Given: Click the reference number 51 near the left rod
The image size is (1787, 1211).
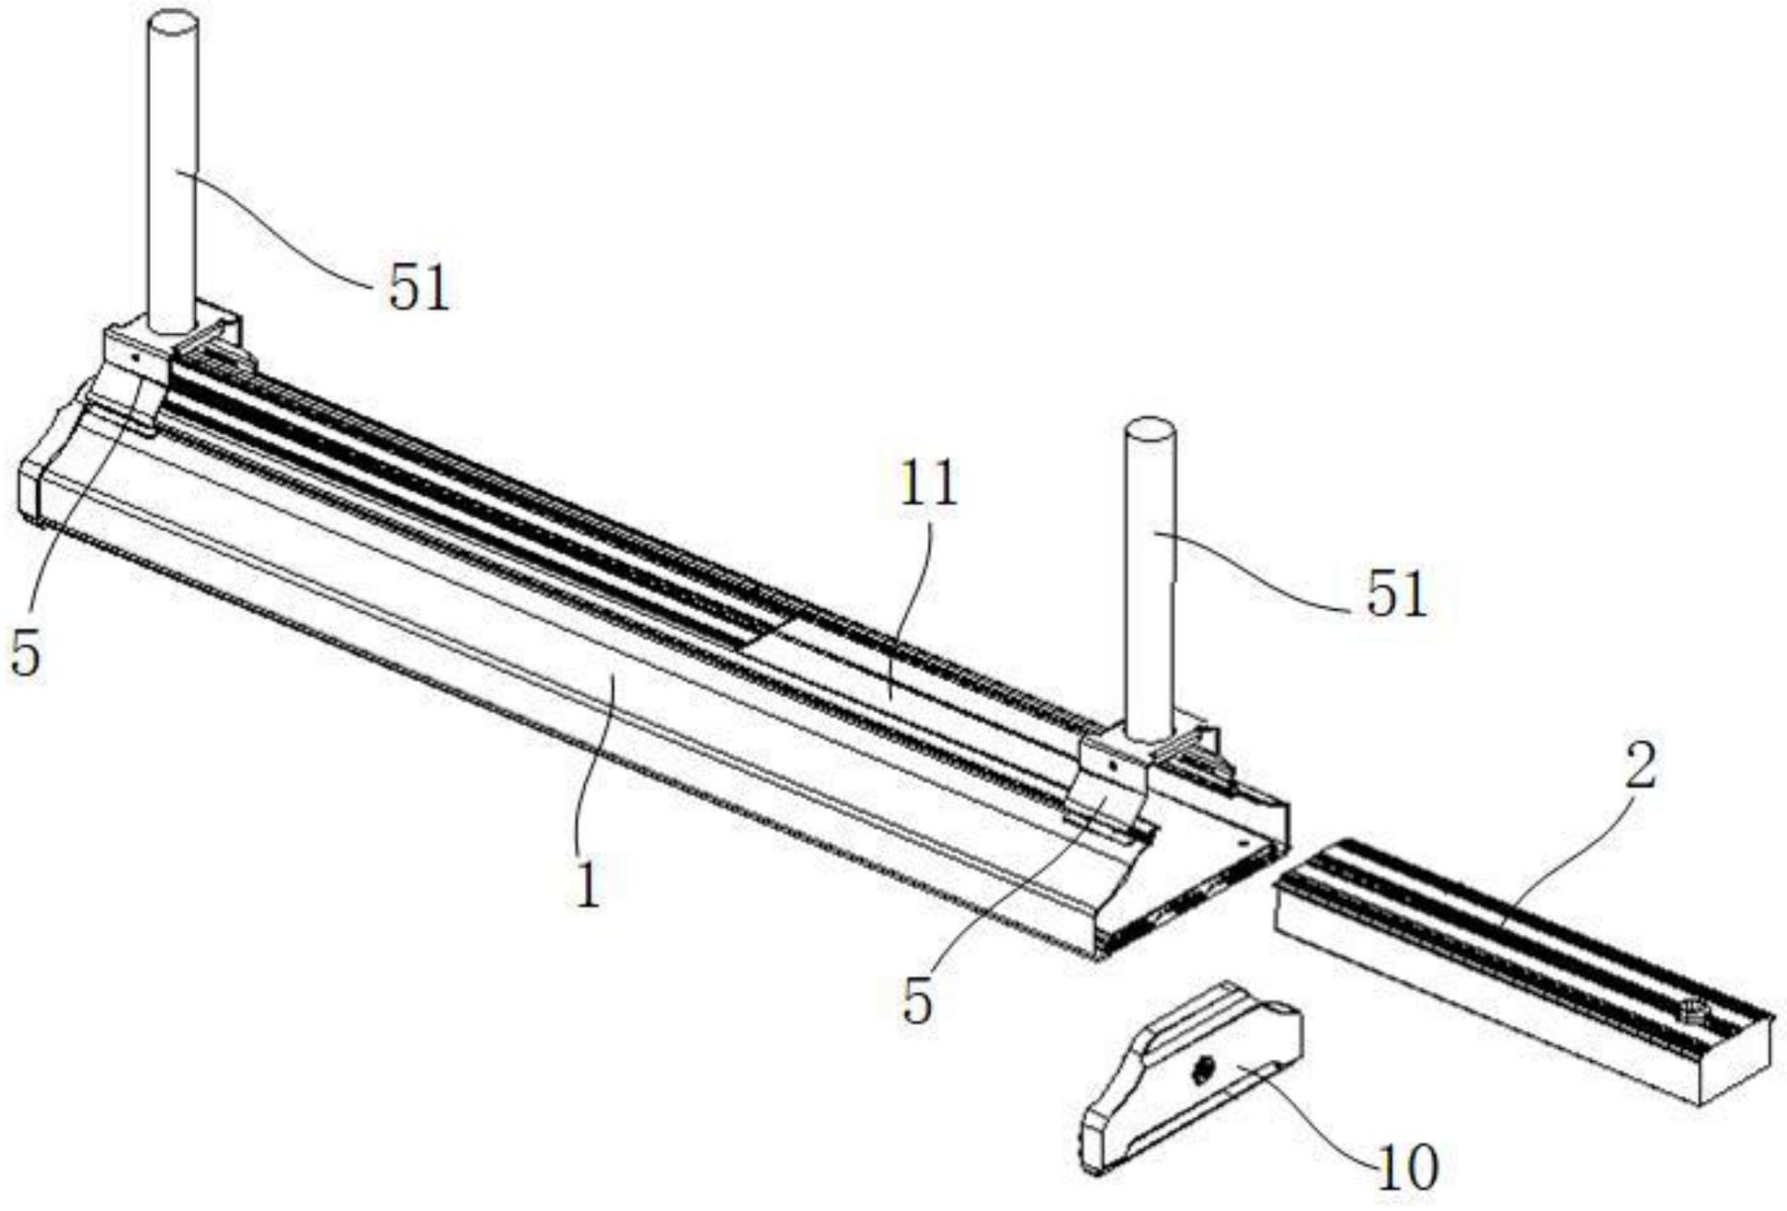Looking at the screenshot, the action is (418, 289).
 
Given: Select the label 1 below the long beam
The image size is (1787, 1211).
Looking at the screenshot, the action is (588, 885).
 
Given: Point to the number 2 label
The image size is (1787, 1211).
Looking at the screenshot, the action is (1640, 767).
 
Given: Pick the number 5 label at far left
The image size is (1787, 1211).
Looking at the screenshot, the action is (26, 654).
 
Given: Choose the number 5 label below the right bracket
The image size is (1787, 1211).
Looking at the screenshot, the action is (917, 1002).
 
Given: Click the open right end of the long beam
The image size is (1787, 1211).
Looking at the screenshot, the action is (1196, 883).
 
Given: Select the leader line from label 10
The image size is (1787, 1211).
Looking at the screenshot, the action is (1306, 1118).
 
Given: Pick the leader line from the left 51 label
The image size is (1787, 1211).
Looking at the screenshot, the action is (276, 235).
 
